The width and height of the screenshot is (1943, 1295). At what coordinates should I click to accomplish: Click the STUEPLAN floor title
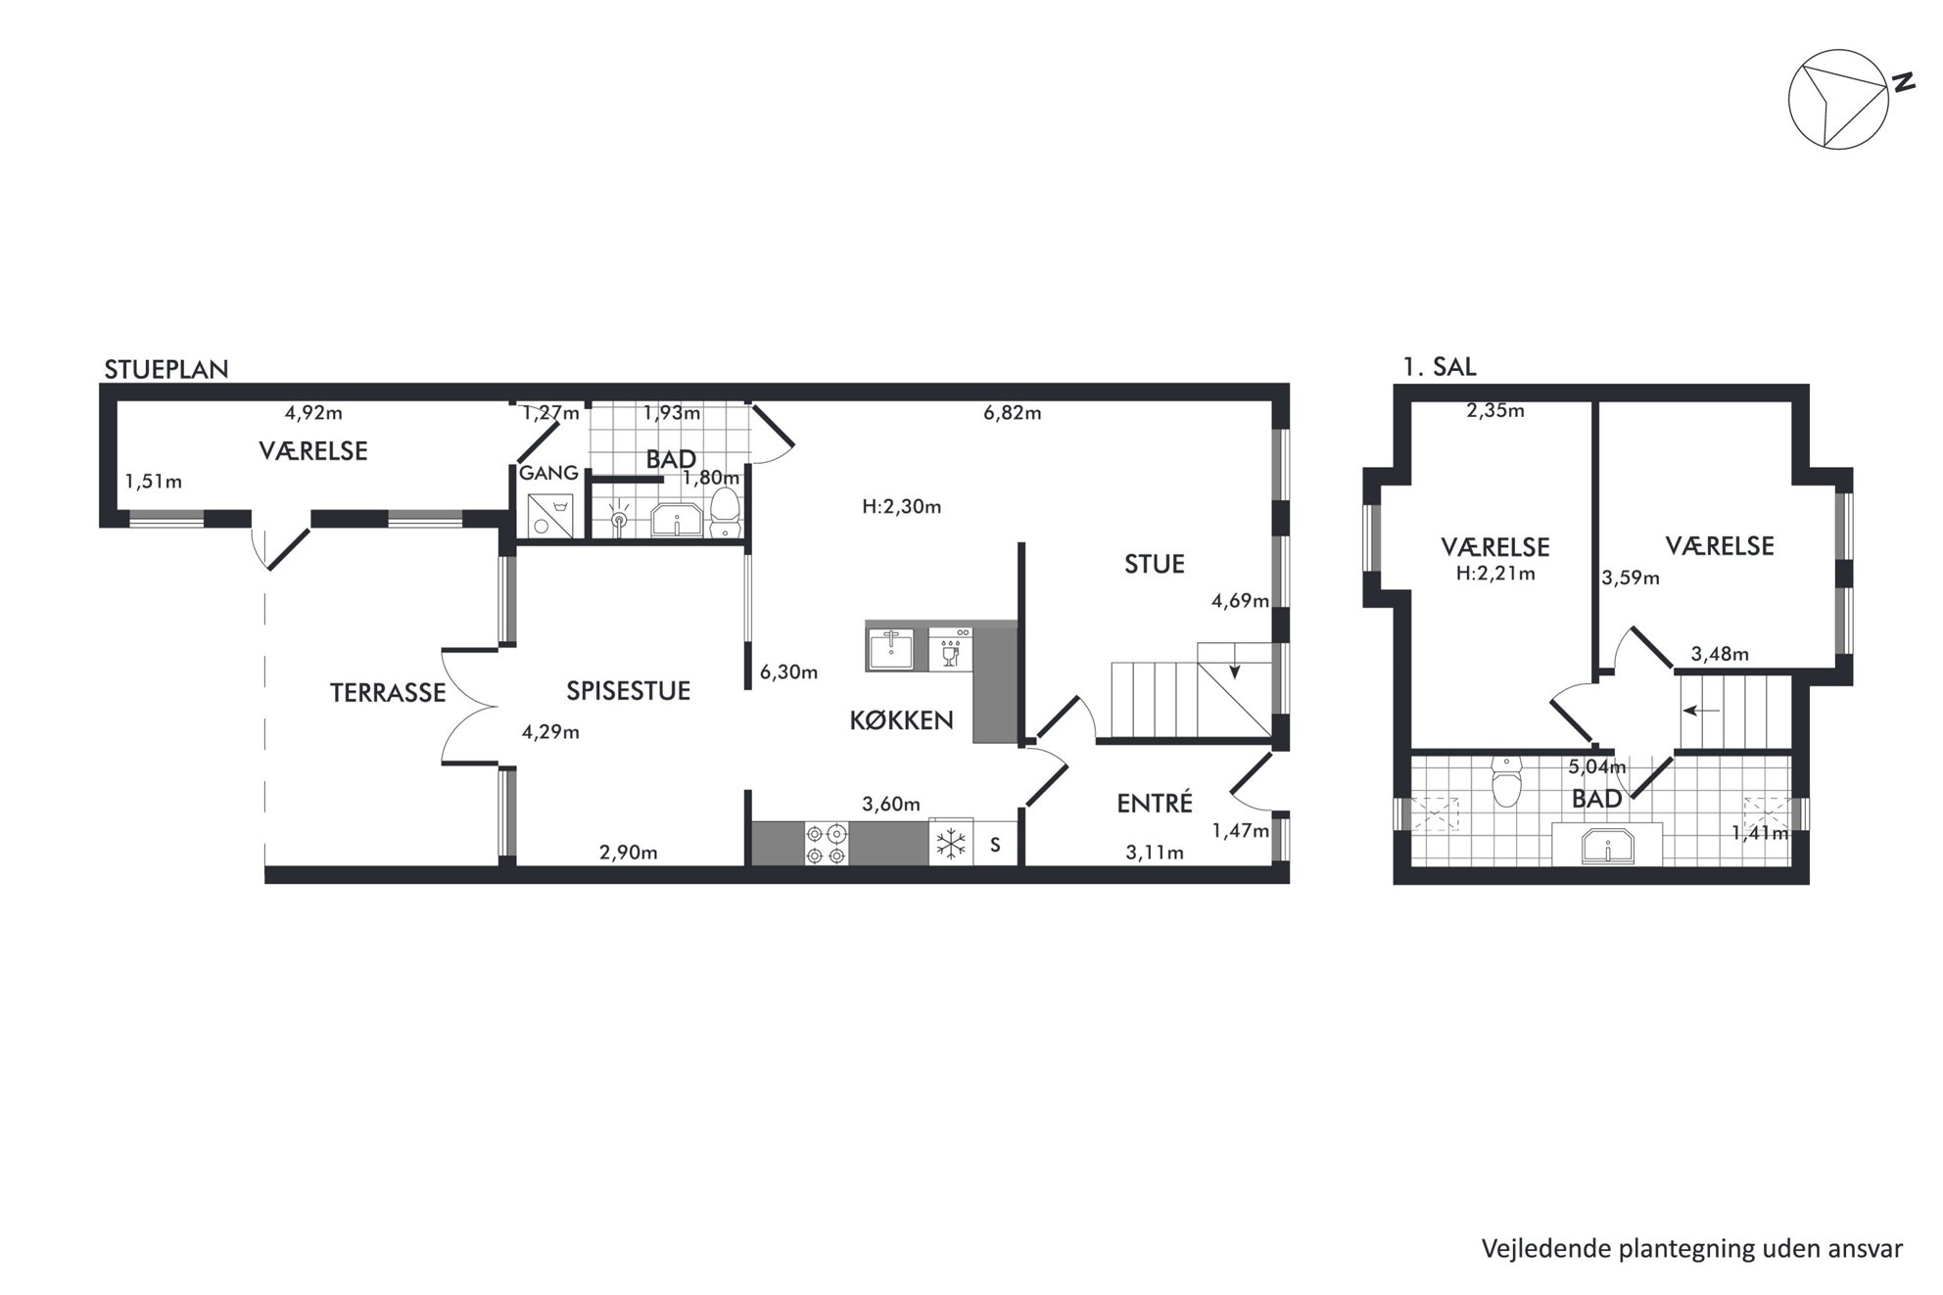pyautogui.click(x=166, y=369)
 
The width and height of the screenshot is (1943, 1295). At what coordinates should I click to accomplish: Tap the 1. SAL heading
pyautogui.click(x=1439, y=367)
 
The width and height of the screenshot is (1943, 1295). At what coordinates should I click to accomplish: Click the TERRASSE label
pyautogui.click(x=388, y=693)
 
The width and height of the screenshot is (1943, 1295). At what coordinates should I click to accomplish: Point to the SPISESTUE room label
pyautogui.click(x=629, y=691)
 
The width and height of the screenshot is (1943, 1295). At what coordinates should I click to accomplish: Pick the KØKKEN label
pyautogui.click(x=901, y=720)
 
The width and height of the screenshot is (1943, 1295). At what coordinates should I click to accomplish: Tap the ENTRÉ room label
pyautogui.click(x=1155, y=803)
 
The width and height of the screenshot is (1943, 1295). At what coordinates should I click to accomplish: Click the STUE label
pyautogui.click(x=1155, y=564)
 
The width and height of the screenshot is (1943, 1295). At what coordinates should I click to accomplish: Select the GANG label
pyautogui.click(x=548, y=474)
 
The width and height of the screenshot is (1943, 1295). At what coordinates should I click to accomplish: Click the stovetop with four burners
pyautogui.click(x=825, y=844)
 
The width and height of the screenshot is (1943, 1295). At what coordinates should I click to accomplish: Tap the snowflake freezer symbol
pyautogui.click(x=951, y=844)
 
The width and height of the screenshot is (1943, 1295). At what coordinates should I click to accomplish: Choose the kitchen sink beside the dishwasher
pyautogui.click(x=890, y=648)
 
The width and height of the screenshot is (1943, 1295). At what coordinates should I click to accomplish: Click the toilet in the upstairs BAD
pyautogui.click(x=1504, y=780)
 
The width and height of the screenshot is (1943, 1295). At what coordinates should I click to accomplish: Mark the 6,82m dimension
pyautogui.click(x=1013, y=413)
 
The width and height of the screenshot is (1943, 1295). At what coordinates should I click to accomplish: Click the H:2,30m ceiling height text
pyautogui.click(x=901, y=507)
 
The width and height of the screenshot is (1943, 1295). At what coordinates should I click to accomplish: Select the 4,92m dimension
pyautogui.click(x=313, y=413)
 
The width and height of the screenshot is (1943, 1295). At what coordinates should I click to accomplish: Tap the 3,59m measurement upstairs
pyautogui.click(x=1631, y=578)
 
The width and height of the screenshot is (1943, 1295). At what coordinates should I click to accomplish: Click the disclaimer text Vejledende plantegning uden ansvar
pyautogui.click(x=1692, y=1249)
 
